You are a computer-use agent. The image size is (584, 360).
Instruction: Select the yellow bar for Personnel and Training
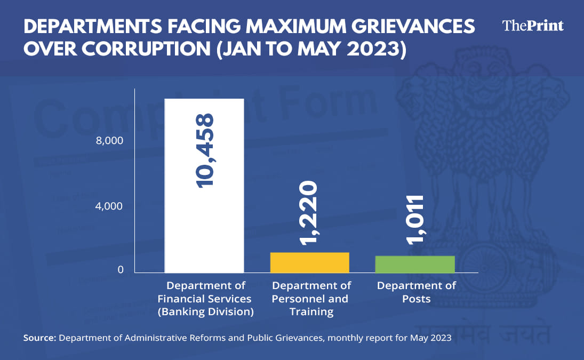click(310, 262)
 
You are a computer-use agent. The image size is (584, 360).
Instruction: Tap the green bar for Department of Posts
click(415, 264)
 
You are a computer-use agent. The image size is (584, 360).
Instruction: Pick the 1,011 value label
click(415, 219)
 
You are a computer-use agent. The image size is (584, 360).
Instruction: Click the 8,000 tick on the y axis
click(110, 141)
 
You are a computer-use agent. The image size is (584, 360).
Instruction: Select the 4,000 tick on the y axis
click(110, 206)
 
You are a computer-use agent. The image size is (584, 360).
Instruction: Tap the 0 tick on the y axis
click(120, 270)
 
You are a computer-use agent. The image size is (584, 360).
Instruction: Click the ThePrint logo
click(533, 26)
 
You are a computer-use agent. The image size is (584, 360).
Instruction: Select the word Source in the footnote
click(39, 338)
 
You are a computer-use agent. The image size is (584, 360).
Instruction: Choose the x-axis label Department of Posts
click(416, 292)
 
